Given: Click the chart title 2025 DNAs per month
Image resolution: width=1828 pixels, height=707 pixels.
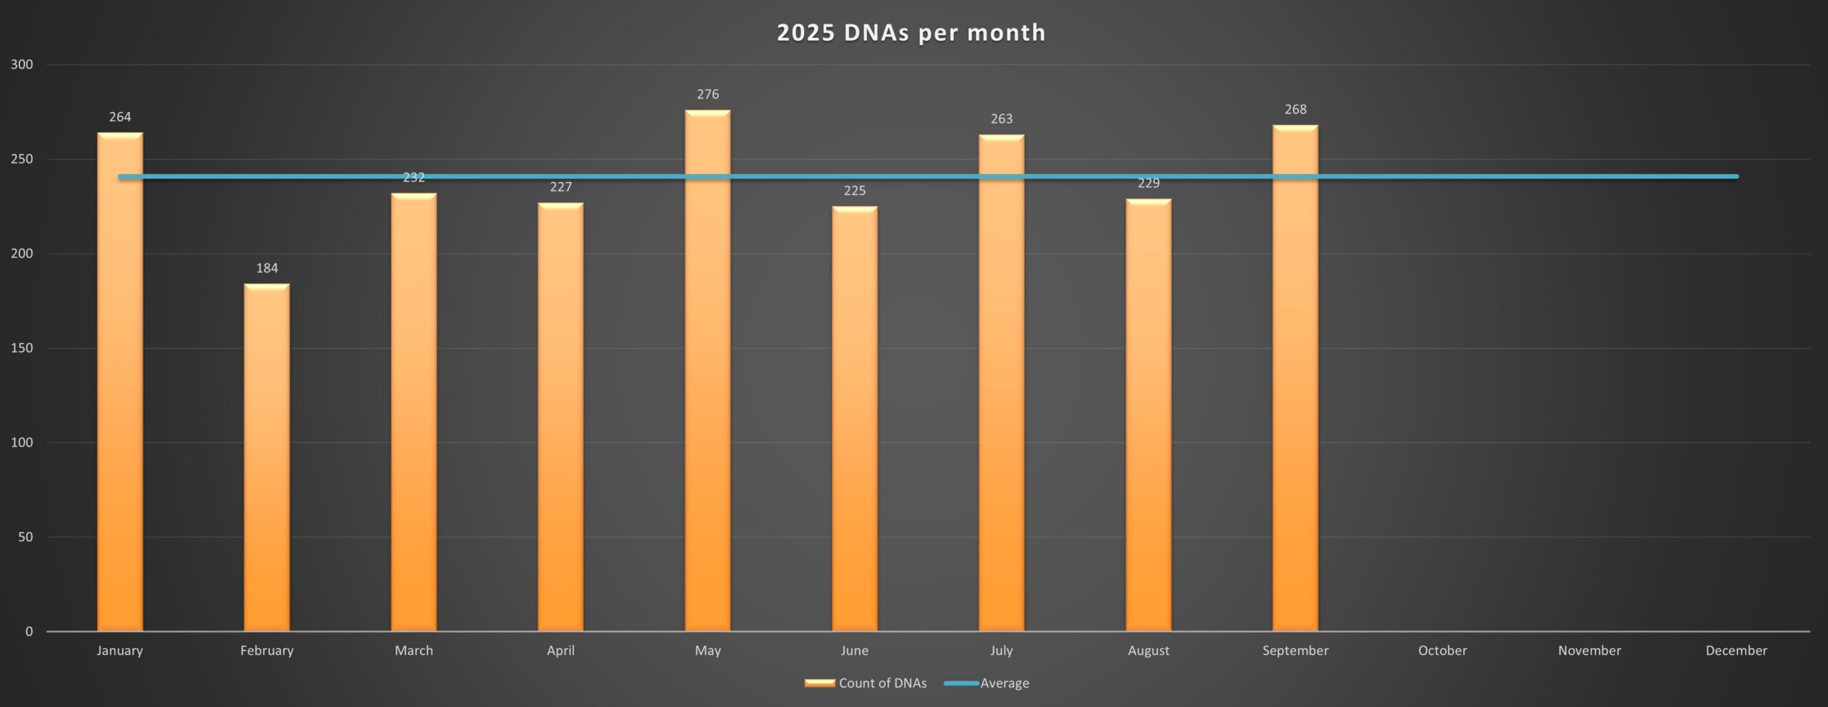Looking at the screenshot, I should (911, 33).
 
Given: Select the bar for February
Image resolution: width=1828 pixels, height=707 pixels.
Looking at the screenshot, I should (267, 457).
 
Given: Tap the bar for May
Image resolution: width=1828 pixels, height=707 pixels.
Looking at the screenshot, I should (708, 371).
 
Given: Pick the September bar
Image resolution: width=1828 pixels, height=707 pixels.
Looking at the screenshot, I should (1295, 378).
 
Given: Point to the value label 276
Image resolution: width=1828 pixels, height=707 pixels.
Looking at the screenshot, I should (708, 94).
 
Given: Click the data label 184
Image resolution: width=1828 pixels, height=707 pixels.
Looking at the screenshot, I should (267, 268).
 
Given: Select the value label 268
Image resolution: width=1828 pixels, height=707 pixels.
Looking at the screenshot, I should (1295, 110).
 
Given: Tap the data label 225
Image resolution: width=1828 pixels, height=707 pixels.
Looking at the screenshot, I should (855, 190).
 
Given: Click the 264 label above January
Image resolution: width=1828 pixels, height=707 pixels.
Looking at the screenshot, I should (120, 117).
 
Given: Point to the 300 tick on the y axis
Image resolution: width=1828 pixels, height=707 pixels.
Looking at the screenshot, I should (22, 65).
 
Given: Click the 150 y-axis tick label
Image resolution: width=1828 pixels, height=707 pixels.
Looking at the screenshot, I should (22, 348).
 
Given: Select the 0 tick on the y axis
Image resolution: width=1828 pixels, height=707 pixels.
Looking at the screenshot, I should (29, 631).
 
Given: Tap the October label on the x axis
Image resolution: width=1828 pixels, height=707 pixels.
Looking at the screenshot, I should (1442, 651).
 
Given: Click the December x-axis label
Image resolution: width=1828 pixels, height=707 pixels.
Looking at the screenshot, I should (1736, 651).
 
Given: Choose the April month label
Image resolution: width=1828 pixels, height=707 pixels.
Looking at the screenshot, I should (561, 651).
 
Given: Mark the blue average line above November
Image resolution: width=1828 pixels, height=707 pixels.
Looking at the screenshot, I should (1590, 176).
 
